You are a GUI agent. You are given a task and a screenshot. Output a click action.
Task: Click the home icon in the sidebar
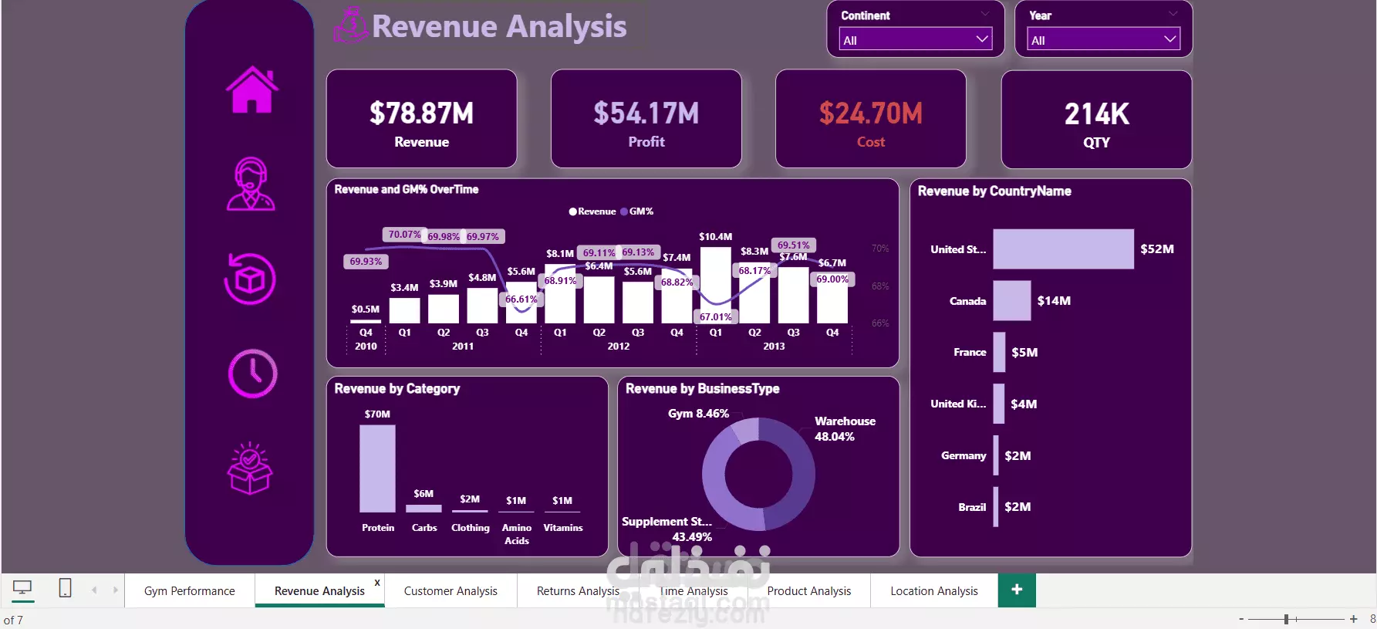(x=251, y=90)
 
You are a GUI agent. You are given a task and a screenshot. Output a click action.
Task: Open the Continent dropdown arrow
(x=982, y=39)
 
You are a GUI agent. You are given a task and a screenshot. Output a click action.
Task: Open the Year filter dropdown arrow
(x=1170, y=39)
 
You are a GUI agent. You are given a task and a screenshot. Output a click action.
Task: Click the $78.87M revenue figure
(x=421, y=113)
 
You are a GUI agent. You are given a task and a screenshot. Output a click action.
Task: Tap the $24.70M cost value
(x=870, y=113)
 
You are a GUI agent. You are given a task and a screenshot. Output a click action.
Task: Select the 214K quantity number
(x=1096, y=114)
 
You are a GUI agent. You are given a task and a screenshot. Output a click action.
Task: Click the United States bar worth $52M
(x=1063, y=249)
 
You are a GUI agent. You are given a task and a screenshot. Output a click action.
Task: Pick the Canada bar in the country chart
(x=1011, y=300)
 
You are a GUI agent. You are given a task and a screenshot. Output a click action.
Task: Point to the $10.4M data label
(x=715, y=237)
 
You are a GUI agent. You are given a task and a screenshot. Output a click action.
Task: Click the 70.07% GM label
(x=404, y=235)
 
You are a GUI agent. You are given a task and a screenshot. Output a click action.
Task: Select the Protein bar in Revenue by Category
(x=377, y=468)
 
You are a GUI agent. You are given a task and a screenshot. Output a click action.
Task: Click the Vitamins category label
(x=563, y=528)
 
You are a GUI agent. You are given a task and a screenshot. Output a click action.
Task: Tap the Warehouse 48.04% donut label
(x=845, y=428)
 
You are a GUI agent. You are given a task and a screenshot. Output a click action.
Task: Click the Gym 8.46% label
(x=698, y=414)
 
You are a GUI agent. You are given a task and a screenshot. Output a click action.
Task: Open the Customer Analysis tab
(x=451, y=591)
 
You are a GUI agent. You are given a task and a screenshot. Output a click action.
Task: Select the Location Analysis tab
(x=933, y=591)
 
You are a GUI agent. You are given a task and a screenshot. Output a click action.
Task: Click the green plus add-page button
(x=1017, y=590)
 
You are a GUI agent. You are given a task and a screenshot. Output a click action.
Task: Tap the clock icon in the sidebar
(x=252, y=374)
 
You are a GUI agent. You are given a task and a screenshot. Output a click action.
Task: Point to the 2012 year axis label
(x=618, y=347)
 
